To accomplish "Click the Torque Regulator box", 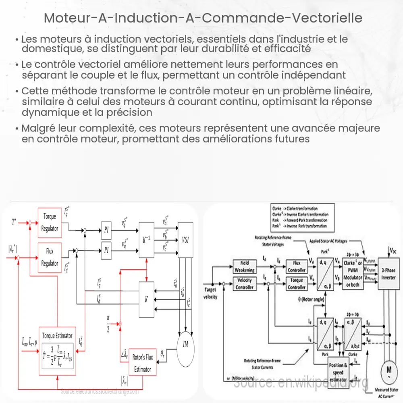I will click(x=50, y=222).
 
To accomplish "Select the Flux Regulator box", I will click(x=50, y=258).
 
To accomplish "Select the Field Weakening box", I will click(x=244, y=266).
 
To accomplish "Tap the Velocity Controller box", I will click(x=244, y=284).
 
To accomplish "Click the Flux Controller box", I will click(x=297, y=266).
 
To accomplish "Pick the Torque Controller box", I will click(x=297, y=284).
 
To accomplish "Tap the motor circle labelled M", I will click(x=389, y=370).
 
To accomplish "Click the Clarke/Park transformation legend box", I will click(x=300, y=217).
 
